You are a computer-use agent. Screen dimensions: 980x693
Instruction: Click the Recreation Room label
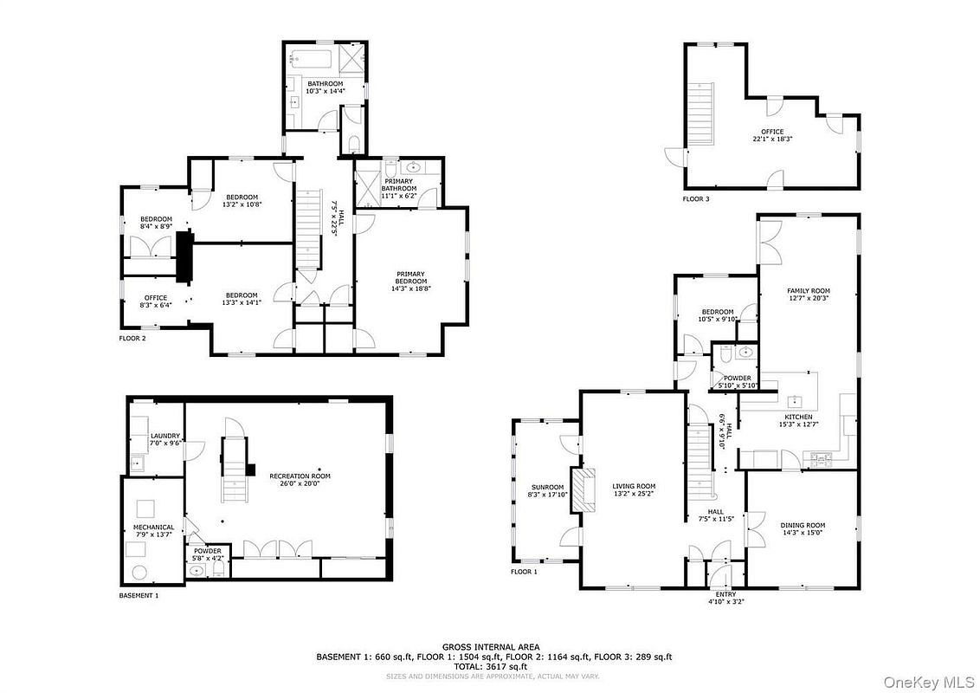click(x=300, y=476)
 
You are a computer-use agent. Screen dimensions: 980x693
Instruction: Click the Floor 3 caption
click(x=696, y=199)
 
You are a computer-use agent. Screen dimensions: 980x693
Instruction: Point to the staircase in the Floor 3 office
click(x=700, y=113)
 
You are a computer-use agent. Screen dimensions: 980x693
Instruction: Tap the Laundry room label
click(x=165, y=436)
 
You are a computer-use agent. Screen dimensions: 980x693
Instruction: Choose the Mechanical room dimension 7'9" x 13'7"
click(x=154, y=534)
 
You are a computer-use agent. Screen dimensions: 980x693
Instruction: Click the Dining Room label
click(x=803, y=525)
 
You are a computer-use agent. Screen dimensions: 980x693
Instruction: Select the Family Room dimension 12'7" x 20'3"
click(x=808, y=298)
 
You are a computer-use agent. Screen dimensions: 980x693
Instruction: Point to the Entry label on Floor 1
click(x=726, y=594)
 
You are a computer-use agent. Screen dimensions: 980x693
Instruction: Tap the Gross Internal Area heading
click(x=491, y=647)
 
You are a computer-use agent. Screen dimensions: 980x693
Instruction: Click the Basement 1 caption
click(x=139, y=595)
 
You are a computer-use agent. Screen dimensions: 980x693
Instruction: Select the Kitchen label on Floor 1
click(x=799, y=417)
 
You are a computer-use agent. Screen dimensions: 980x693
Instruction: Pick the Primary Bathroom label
click(x=399, y=185)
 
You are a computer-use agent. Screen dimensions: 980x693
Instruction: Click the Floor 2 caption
click(x=132, y=339)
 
